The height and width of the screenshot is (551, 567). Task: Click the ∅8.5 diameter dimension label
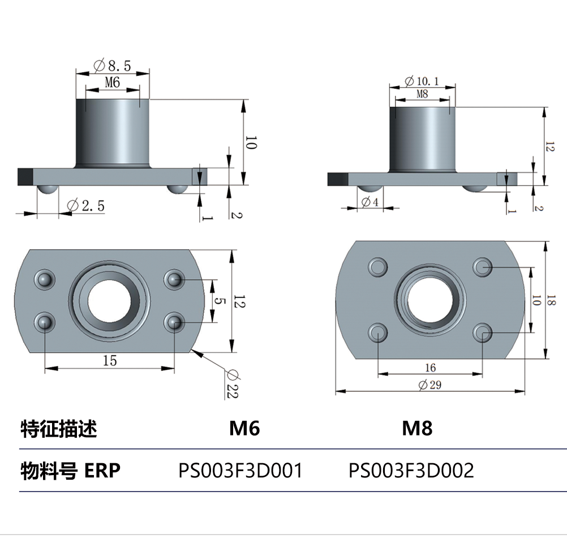[x=112, y=66]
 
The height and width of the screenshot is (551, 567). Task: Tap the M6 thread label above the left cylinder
[x=112, y=83]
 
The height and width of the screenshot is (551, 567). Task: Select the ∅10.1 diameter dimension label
[x=422, y=82]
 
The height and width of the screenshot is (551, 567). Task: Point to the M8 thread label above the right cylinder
[x=422, y=94]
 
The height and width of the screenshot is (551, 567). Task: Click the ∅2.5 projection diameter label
[x=85, y=206]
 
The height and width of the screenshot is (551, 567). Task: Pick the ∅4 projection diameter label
[x=371, y=201]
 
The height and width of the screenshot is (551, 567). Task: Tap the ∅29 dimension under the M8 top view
[x=429, y=385]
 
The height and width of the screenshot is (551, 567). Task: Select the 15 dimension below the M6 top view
[x=110, y=360]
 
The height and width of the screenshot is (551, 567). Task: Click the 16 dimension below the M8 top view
[x=430, y=368]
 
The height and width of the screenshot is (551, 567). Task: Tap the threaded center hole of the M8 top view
[x=429, y=299]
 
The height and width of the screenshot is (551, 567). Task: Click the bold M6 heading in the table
[x=244, y=429]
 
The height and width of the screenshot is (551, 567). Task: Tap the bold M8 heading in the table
[x=417, y=429]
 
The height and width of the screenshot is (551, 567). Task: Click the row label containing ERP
[x=71, y=470]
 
